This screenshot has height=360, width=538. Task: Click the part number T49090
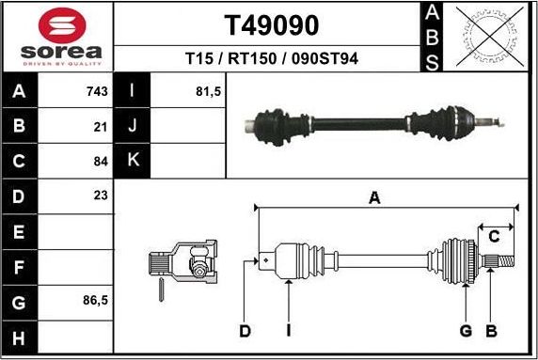click(271, 24)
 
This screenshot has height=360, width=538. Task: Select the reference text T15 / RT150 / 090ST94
click(271, 58)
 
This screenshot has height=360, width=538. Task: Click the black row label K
click(133, 161)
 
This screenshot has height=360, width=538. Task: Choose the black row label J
click(133, 126)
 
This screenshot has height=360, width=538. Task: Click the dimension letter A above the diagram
click(374, 198)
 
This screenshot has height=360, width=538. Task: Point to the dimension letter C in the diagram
click(493, 237)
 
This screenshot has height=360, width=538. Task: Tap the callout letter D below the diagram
click(245, 330)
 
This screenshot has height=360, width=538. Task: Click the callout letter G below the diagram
click(466, 330)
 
